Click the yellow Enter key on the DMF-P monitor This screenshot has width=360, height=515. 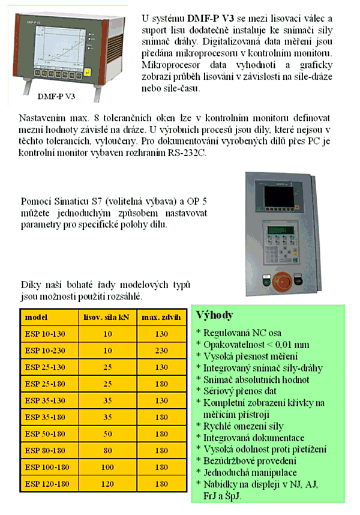[x=88, y=73]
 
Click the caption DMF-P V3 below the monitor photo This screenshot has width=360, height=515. [x=56, y=96]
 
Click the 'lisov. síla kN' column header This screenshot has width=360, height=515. [x=106, y=317]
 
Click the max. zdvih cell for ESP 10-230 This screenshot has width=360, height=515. [x=161, y=349]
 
